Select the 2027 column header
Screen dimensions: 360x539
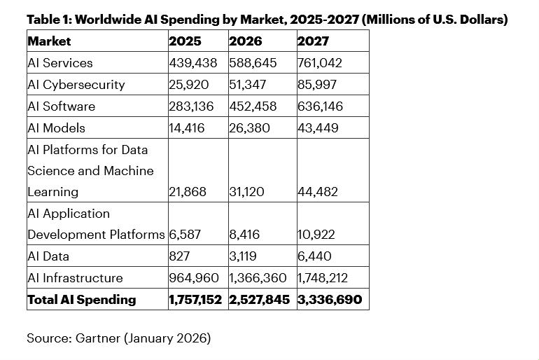point(313,41)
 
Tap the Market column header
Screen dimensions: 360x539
point(49,41)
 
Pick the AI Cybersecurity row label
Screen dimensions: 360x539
point(76,85)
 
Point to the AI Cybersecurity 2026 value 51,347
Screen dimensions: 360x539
point(248,85)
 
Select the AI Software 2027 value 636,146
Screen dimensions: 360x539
point(320,106)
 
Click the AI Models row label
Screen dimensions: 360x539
point(56,128)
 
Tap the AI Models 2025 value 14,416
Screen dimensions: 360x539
point(188,128)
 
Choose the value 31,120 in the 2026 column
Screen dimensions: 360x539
point(246,192)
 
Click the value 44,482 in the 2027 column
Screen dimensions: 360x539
point(318,192)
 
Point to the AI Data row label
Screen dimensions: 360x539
point(48,256)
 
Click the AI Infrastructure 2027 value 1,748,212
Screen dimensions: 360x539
point(323,278)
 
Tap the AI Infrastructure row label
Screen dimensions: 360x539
point(75,278)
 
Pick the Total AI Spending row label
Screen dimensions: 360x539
point(81,300)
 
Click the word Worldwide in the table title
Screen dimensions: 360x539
point(106,20)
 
